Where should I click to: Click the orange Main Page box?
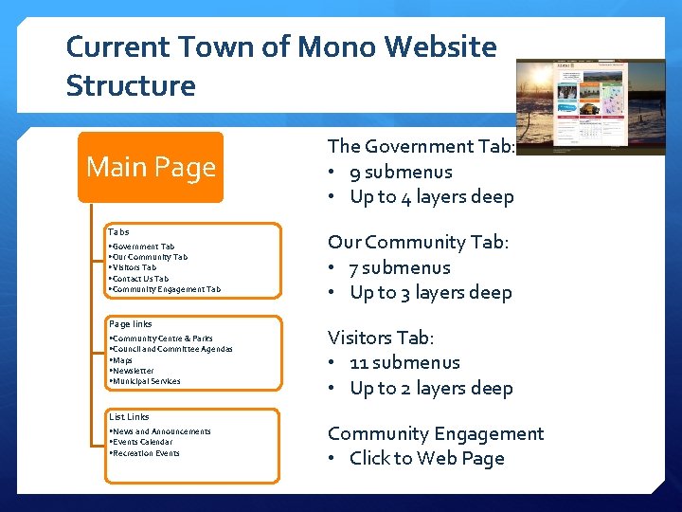tap(151, 168)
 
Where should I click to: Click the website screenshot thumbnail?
tap(590, 106)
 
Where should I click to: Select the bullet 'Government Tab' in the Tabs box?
tap(142, 247)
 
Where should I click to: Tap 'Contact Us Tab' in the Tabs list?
tap(140, 279)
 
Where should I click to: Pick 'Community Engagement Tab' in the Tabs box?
tap(166, 289)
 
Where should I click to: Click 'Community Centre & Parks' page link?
tap(162, 338)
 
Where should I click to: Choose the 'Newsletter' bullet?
tap(133, 371)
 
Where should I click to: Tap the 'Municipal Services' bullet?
tap(146, 381)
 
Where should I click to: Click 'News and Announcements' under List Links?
tap(161, 431)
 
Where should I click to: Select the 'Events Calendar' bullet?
tap(142, 442)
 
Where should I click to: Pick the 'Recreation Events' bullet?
tap(145, 453)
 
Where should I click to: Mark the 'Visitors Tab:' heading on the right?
tap(381, 338)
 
